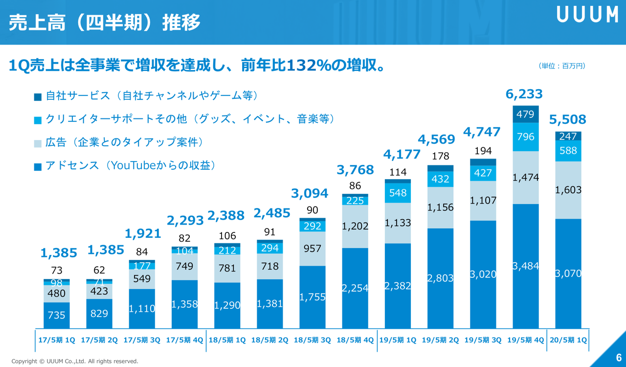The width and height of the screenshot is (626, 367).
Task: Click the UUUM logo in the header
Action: tap(587, 15)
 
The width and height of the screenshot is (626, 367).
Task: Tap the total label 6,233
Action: tap(525, 93)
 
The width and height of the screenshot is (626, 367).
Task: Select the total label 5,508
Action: tap(568, 119)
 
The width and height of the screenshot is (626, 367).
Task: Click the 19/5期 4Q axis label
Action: tap(525, 340)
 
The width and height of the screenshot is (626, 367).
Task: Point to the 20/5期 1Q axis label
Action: tap(568, 340)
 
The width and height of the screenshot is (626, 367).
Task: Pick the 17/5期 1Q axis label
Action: tap(57, 340)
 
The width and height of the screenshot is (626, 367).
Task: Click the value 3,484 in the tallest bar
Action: tap(526, 266)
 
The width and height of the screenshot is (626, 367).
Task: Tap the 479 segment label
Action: tap(526, 114)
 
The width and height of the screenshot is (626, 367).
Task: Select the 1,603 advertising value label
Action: tap(568, 190)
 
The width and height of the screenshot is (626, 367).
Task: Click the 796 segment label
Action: tap(526, 137)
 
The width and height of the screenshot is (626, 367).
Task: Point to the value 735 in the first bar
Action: tap(57, 316)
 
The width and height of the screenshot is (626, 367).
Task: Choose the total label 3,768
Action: tap(355, 170)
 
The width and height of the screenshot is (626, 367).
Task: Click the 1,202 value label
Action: tap(355, 226)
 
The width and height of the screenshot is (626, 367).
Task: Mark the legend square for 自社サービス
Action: tap(38, 97)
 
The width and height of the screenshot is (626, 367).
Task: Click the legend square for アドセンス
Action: tap(38, 167)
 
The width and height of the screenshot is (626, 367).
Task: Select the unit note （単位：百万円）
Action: tap(562, 66)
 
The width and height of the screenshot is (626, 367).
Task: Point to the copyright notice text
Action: tap(75, 361)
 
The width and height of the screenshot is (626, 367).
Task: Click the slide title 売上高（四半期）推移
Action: tap(105, 23)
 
